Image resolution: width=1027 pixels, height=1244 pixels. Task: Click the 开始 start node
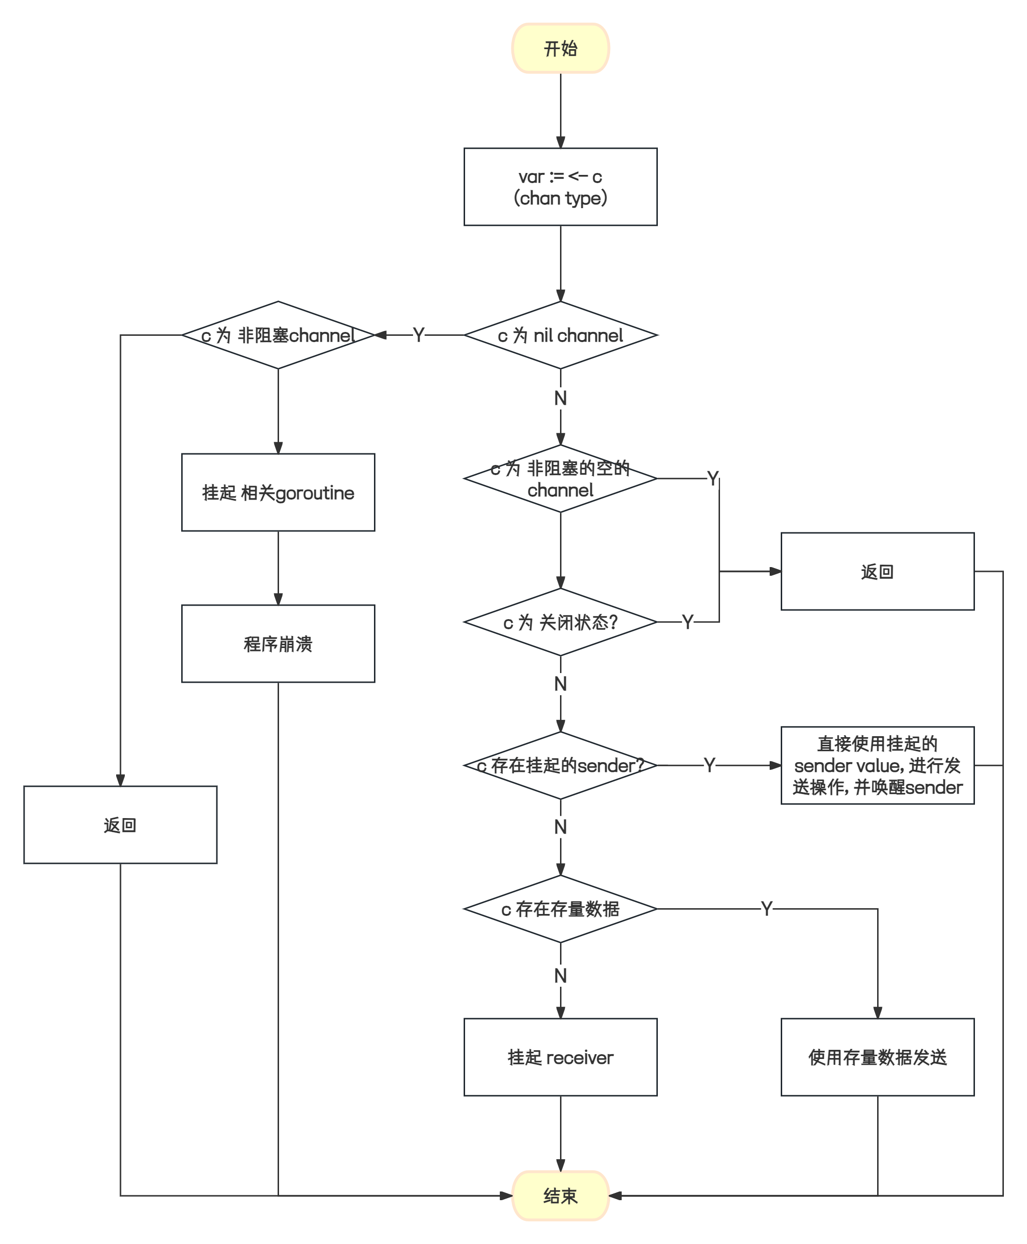coord(560,49)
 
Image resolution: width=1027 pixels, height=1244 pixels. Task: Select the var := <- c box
coord(560,187)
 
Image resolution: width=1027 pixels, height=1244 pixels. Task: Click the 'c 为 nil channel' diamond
coord(560,335)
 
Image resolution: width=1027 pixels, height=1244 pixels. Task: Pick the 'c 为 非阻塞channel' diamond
coord(278,335)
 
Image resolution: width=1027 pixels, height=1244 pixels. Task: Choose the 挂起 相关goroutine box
coord(278,492)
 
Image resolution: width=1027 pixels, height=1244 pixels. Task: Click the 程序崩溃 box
coord(278,643)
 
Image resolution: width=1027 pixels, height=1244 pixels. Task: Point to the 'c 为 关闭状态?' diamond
coord(560,622)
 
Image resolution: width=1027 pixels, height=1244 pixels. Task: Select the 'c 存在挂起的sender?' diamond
coord(560,766)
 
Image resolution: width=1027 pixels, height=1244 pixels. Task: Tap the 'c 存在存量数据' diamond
coord(560,909)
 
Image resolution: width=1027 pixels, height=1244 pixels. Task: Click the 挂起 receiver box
coord(560,1057)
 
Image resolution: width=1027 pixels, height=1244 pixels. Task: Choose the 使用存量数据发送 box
coord(877,1057)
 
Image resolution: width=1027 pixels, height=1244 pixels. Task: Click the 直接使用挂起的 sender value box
coord(877,766)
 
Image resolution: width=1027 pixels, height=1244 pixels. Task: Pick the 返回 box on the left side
coord(120,825)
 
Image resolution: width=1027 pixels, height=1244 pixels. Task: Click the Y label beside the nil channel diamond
coord(419,335)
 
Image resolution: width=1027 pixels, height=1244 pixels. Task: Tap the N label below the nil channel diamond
coord(560,398)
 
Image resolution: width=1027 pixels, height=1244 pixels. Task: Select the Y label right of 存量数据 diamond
coord(767,909)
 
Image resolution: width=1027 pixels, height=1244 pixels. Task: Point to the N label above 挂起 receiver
coord(560,976)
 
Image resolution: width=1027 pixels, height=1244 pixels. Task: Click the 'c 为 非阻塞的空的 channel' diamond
coord(560,479)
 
